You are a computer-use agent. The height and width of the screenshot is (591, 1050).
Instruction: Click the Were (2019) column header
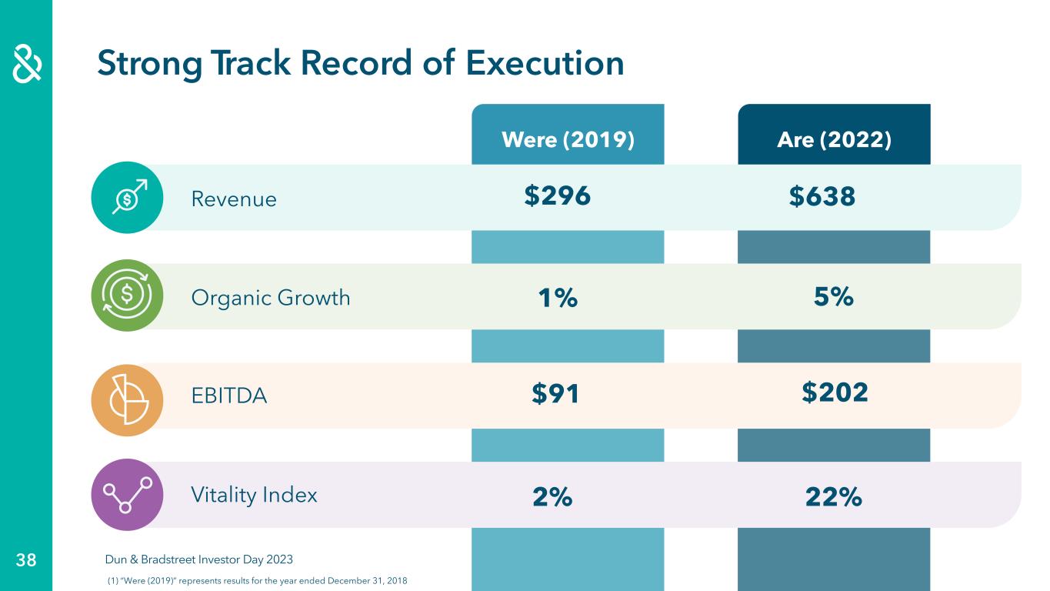click(x=568, y=140)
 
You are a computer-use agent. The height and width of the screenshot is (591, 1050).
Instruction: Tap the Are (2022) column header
click(x=834, y=140)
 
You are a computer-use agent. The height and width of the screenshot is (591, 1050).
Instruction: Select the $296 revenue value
click(x=558, y=196)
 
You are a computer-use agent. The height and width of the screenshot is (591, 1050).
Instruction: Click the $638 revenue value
click(x=822, y=197)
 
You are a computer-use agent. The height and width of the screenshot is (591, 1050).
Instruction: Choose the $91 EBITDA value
click(x=555, y=395)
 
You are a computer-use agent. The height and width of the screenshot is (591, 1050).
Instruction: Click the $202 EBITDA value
click(x=835, y=392)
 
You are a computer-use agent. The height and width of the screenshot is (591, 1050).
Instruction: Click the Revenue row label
click(x=233, y=199)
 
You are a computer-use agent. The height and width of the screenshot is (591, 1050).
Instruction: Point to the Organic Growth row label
click(x=270, y=298)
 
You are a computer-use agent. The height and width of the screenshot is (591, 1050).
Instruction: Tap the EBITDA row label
click(x=228, y=396)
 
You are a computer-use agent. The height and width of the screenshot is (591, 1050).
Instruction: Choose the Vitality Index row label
click(x=254, y=494)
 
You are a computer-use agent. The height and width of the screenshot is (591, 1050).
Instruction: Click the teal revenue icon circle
click(x=127, y=198)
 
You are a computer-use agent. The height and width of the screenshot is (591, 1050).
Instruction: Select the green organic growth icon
click(x=127, y=295)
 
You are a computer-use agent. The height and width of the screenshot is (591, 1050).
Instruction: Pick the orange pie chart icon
click(x=127, y=399)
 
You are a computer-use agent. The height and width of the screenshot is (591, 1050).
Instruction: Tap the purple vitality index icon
click(x=127, y=495)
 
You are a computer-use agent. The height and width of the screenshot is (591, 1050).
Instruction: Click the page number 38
click(x=26, y=560)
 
